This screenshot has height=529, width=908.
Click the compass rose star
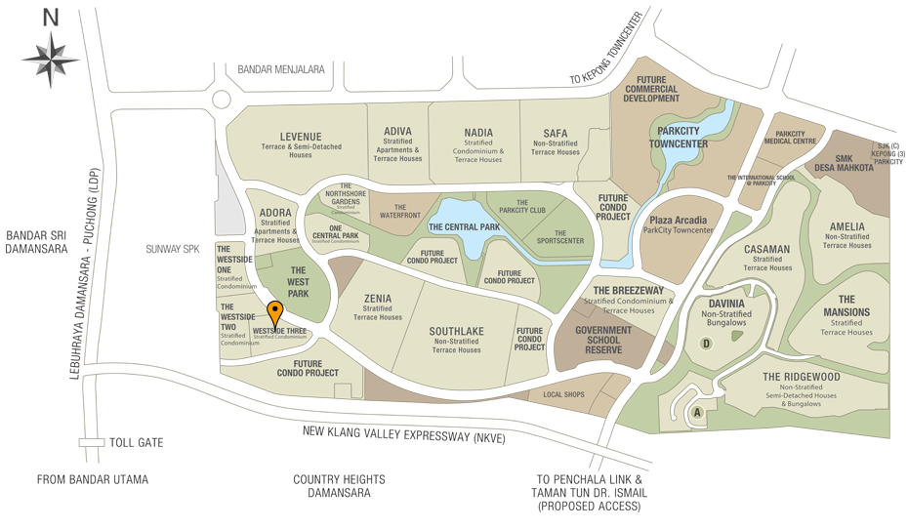[x=51, y=60]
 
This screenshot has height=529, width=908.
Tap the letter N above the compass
[x=51, y=17]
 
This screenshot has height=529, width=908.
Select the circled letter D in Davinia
[x=705, y=343]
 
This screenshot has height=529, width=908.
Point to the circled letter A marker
[x=697, y=413]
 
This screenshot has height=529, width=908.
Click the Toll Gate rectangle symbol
[x=92, y=443]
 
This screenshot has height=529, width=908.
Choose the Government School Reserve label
[x=604, y=339]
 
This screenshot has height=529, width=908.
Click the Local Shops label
[x=562, y=394]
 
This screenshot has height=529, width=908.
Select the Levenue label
[x=300, y=136]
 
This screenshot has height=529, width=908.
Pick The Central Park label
[x=464, y=226]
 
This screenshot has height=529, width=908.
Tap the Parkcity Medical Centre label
[x=796, y=138]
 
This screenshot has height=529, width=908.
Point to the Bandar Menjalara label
[x=280, y=70]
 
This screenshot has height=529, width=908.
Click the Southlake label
[x=456, y=331]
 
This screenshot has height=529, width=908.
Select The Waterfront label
[x=399, y=210]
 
